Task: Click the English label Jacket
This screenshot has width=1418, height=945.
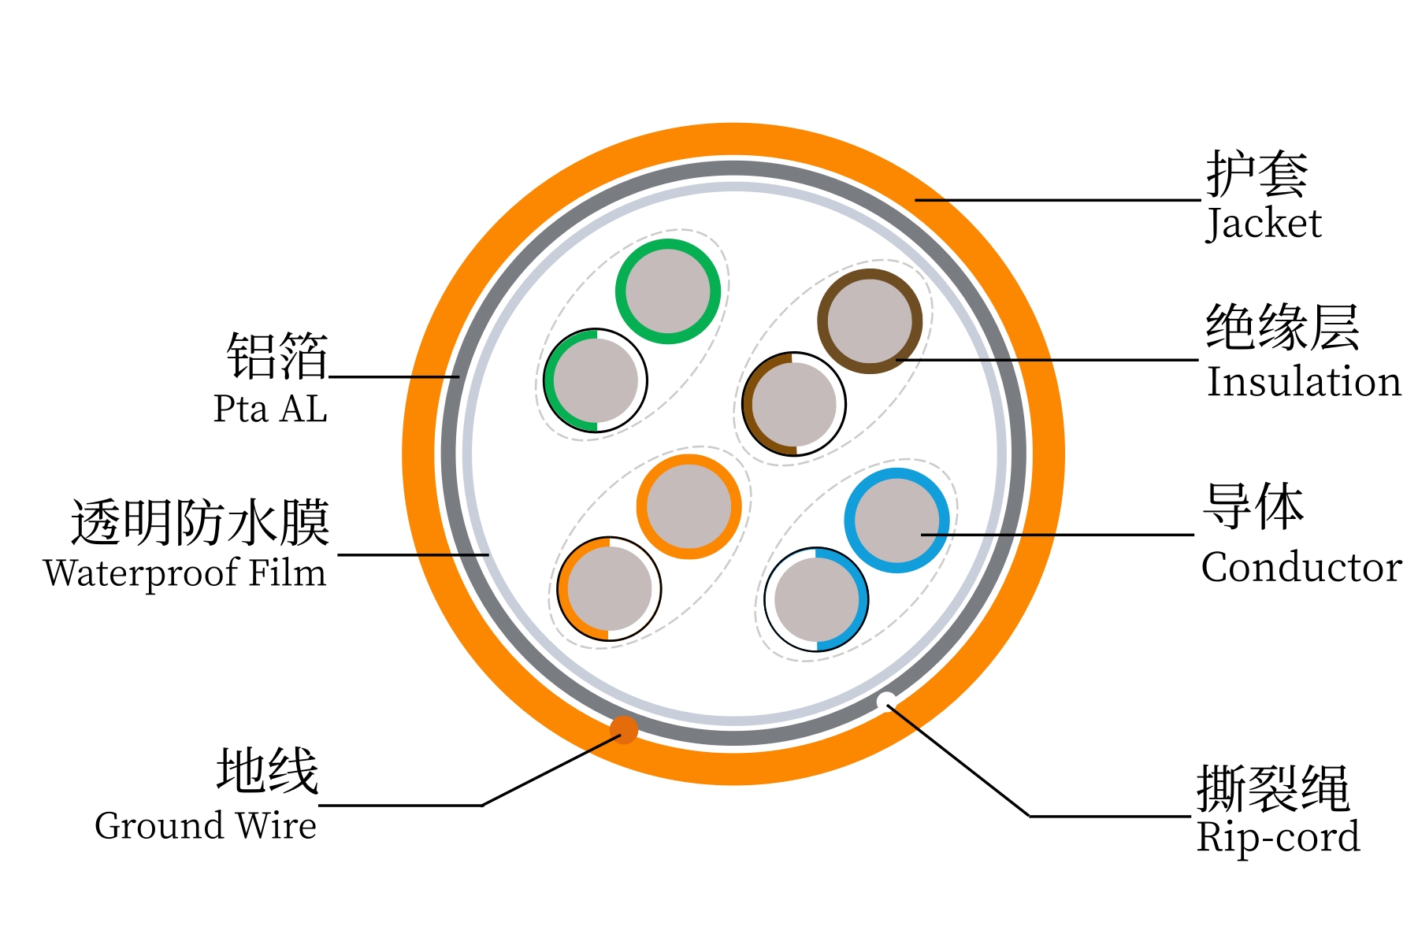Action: tap(1264, 224)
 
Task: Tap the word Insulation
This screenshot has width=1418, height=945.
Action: tap(1304, 382)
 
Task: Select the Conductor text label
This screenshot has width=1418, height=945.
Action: tap(1301, 567)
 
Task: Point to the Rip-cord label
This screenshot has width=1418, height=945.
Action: tap(1278, 837)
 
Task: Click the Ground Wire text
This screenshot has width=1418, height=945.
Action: tap(206, 826)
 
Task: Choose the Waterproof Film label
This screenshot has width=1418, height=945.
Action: tap(185, 573)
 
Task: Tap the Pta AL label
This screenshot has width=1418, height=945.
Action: tap(270, 409)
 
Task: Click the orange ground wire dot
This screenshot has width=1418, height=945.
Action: tap(624, 729)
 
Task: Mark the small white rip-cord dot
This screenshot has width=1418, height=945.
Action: tap(885, 700)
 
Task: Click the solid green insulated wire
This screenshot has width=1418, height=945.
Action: tap(668, 291)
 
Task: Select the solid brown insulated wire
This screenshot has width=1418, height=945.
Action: tap(870, 321)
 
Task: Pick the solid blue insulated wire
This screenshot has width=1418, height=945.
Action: tap(896, 521)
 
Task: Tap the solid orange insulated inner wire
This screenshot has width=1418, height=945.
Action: tap(689, 507)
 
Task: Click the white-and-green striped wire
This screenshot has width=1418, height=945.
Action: tap(596, 380)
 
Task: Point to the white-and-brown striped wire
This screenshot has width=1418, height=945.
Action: tap(794, 404)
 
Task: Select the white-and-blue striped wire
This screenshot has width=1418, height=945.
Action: tap(816, 599)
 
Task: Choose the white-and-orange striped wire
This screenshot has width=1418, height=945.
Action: tap(609, 589)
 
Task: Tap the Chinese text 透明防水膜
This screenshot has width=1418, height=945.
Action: tap(200, 522)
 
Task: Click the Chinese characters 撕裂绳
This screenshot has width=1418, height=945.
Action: tap(1273, 787)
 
